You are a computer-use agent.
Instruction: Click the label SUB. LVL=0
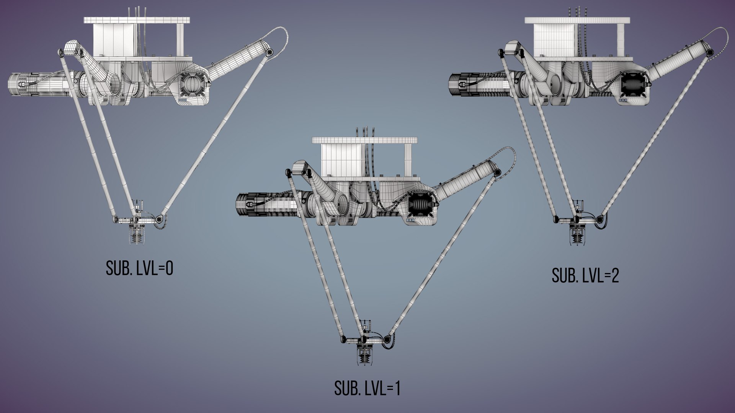tap(139, 268)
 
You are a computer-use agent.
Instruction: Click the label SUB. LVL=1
tap(367, 388)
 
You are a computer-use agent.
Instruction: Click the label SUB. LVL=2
tap(585, 275)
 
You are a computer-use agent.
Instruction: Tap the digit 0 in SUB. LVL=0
tap(169, 268)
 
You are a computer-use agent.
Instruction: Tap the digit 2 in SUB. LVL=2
tap(615, 275)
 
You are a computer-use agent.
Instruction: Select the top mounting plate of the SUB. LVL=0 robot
tap(137, 20)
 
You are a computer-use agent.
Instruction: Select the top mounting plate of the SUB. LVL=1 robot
tap(364, 140)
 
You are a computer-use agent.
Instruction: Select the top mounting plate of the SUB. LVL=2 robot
tap(577, 20)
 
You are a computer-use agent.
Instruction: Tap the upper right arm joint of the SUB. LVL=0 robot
tap(269, 52)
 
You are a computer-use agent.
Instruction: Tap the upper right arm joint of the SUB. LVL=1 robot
tap(497, 173)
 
